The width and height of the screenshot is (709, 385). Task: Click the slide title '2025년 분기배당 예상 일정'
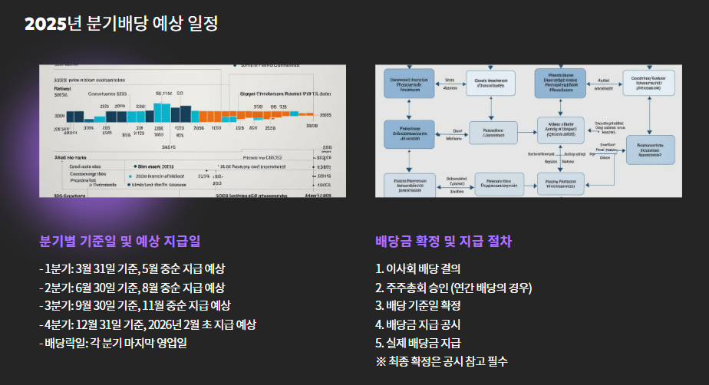pos(121,24)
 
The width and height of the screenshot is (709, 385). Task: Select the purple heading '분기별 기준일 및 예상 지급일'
pos(120,242)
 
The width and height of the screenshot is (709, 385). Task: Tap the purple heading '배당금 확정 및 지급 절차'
pos(444,242)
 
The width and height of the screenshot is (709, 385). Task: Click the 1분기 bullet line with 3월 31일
pos(132,269)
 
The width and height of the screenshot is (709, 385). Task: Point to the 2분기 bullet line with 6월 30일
pos(132,288)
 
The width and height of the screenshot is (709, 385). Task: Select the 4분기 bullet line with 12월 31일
pos(147,324)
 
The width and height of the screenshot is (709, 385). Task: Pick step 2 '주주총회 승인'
pos(453,288)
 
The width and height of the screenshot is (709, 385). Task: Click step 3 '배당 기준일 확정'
pos(418,306)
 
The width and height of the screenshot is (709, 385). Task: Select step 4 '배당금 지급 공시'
pos(418,324)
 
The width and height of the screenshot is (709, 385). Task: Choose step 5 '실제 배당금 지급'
pos(418,343)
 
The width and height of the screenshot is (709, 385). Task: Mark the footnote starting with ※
pos(441,361)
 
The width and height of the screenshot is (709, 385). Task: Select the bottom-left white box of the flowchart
pos(409,185)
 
